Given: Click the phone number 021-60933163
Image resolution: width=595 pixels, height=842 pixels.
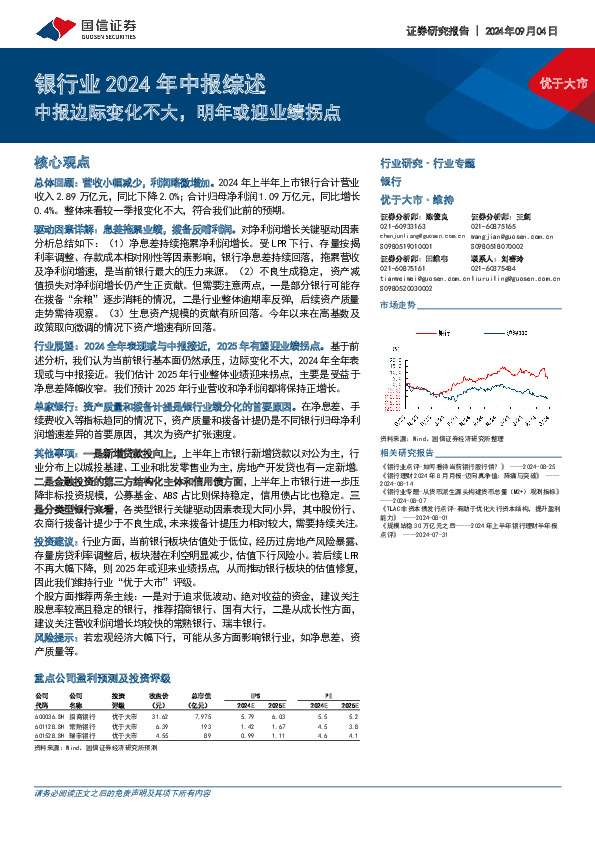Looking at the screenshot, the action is pos(405,227).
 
